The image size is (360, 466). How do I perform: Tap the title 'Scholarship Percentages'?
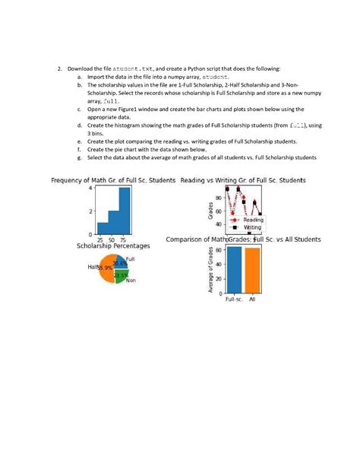point(113,246)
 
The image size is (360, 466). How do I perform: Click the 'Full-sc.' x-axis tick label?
point(234,300)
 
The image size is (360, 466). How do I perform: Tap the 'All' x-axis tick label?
point(252,300)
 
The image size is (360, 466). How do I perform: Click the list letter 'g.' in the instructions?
point(80,157)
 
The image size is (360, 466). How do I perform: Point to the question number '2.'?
point(60,68)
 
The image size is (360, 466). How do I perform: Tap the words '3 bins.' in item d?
point(99,133)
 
